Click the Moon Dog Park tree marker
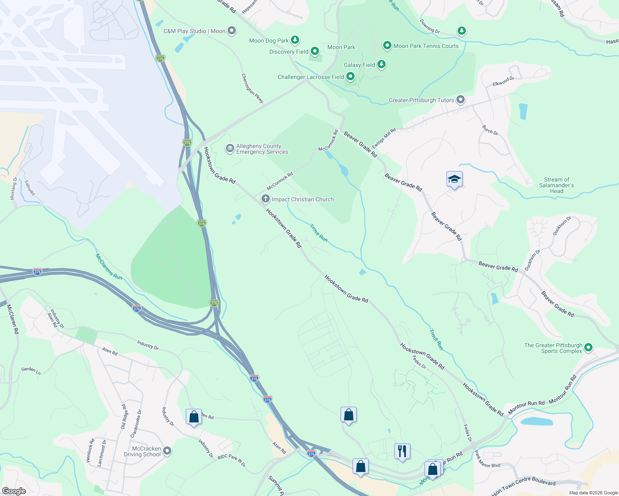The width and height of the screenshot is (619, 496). coord(295,40)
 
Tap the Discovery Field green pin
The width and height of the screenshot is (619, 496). coord(315,52)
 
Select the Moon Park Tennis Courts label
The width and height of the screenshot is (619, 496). coord(426,46)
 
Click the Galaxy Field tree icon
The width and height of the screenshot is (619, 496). coord(381,64)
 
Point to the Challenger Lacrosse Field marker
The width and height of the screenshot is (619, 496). coord(350,76)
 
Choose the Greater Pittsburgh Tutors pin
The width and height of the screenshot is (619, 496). coord(461,100)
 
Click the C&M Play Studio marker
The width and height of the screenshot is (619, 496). coord(232,31)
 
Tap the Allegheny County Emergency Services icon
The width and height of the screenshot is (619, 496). coord(230,148)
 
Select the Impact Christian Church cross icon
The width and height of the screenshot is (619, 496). coord(265,199)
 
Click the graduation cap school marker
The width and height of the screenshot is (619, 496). coord(454,179)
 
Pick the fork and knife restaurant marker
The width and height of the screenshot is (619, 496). coord(402,451)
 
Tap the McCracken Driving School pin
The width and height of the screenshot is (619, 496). coord(167,451)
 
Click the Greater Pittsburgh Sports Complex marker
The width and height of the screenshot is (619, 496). coord(588,348)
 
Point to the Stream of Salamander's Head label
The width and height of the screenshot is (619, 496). coord(556,185)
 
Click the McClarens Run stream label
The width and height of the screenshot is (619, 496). coord(109,267)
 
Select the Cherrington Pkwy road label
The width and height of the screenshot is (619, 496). coord(252,88)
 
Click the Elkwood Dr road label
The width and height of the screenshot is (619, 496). coord(503,81)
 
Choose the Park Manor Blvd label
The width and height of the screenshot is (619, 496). coord(487,465)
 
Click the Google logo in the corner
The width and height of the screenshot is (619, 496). coord(14,491)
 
